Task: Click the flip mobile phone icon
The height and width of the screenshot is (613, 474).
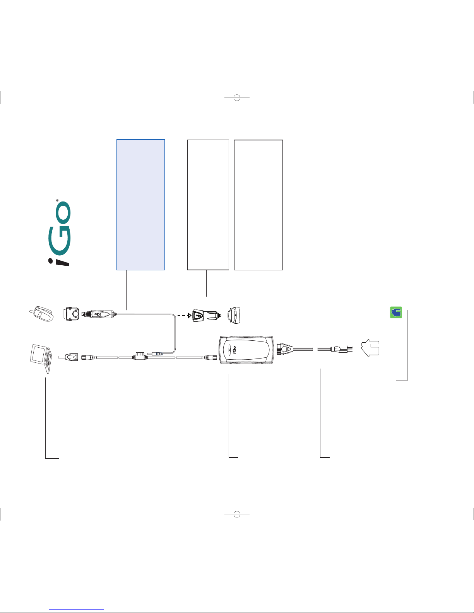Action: coord(41,314)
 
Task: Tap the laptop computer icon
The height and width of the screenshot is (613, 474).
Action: coord(41,359)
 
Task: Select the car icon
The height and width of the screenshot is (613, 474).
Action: coord(234,315)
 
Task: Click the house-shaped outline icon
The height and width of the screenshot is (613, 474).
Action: coord(370,348)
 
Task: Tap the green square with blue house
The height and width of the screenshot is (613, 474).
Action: coord(396,312)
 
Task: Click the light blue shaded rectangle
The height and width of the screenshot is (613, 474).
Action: coord(141,205)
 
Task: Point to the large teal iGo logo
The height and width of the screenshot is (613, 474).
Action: coord(59,233)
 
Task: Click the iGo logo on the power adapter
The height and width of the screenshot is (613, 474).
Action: coord(234,350)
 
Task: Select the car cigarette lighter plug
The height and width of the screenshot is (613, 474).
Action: coord(205,315)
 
